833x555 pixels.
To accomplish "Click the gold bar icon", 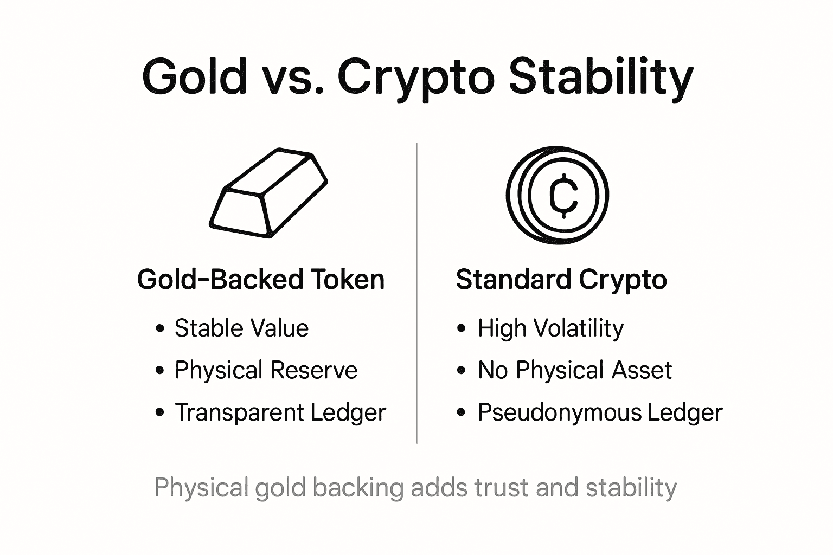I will click(x=268, y=193).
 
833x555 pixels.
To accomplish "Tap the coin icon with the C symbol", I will click(x=558, y=194).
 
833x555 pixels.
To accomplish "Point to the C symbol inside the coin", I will click(x=564, y=195).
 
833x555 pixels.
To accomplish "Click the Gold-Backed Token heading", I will click(x=261, y=280).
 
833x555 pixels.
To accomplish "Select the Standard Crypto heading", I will click(x=561, y=280).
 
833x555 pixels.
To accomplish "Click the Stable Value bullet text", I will click(x=241, y=328).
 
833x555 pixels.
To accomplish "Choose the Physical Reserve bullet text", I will click(x=266, y=370).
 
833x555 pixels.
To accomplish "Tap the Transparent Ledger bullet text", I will click(x=280, y=412).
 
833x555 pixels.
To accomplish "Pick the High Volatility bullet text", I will click(x=550, y=328).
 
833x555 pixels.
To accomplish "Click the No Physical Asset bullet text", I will click(x=575, y=370).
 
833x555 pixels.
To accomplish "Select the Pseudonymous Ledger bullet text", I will click(x=600, y=412).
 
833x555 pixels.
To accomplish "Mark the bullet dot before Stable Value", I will click(x=159, y=328).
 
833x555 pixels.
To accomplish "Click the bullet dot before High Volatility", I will click(x=462, y=328).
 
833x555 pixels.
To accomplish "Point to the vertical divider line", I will click(x=416, y=293).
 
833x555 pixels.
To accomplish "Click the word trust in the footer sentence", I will click(x=502, y=487).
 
